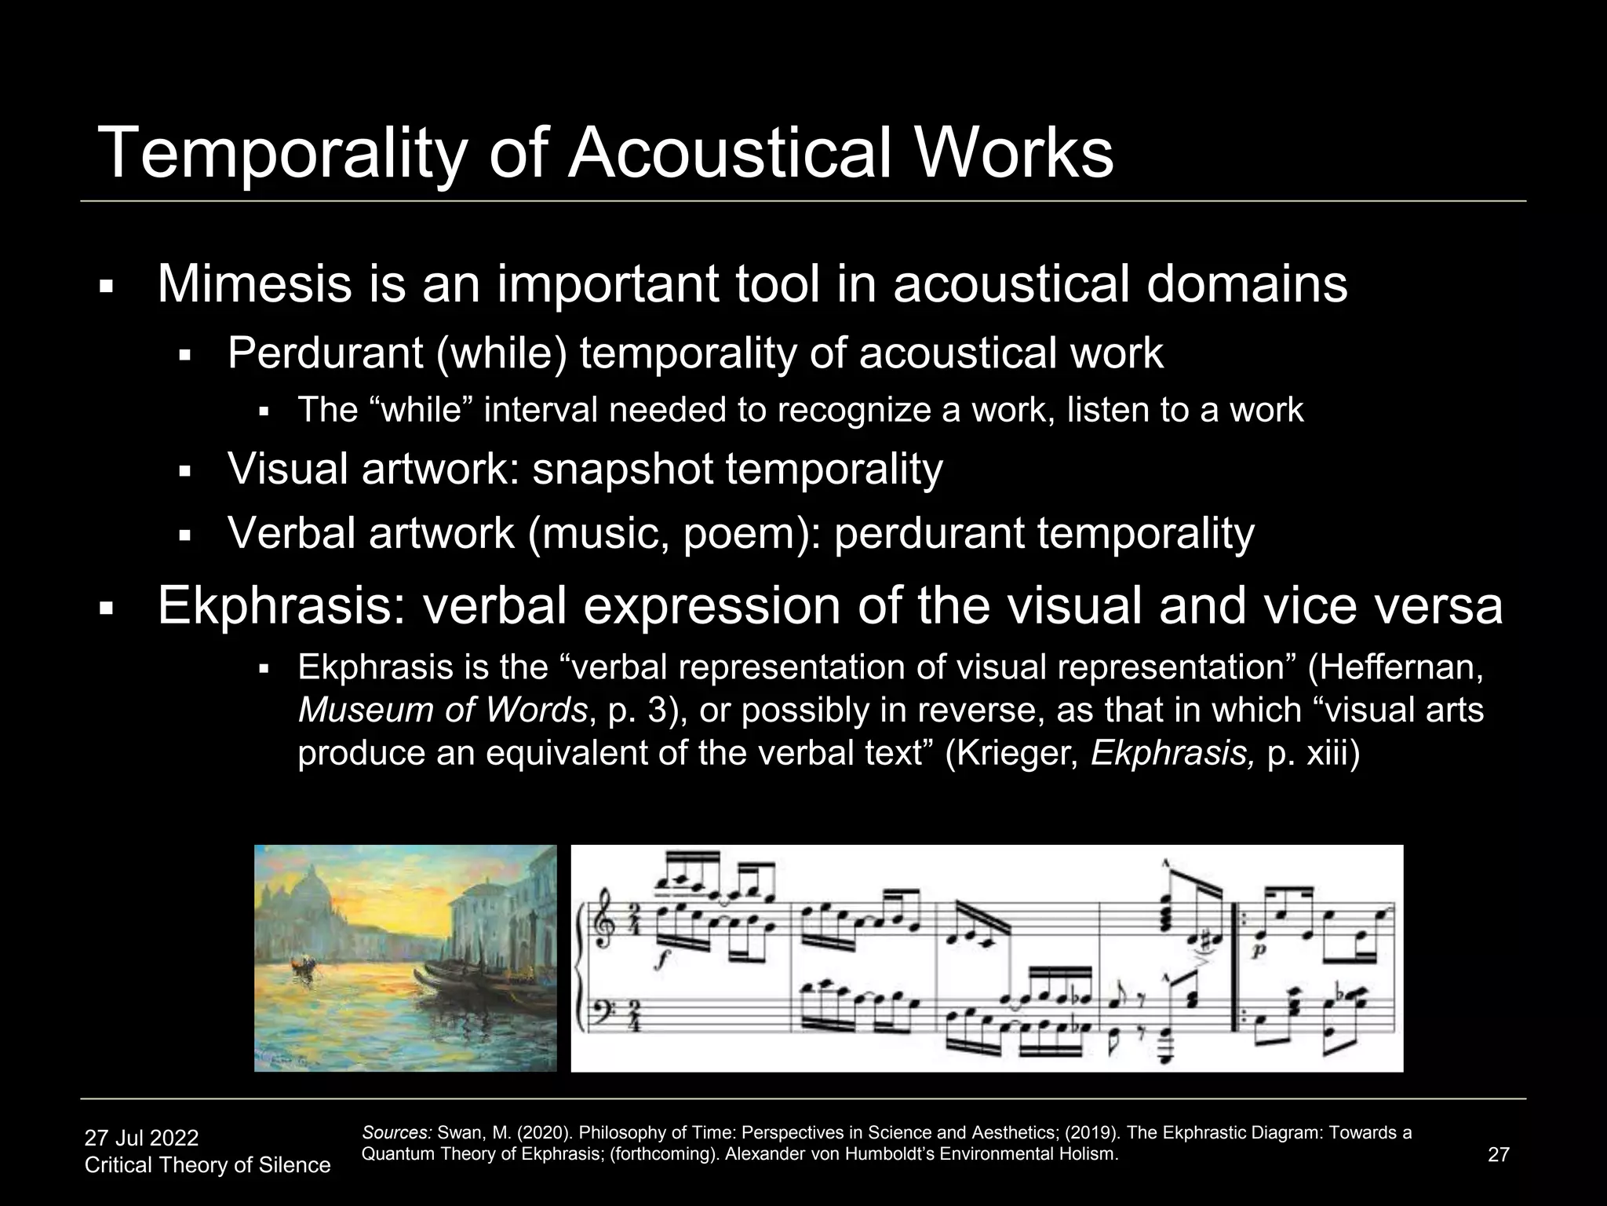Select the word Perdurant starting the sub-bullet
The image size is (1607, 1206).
(325, 353)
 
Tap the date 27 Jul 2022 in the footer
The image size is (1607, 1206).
(141, 1138)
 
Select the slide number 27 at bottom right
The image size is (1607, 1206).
(1498, 1154)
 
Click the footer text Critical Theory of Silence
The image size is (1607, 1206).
(207, 1165)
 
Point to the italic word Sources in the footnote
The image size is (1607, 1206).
(397, 1133)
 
